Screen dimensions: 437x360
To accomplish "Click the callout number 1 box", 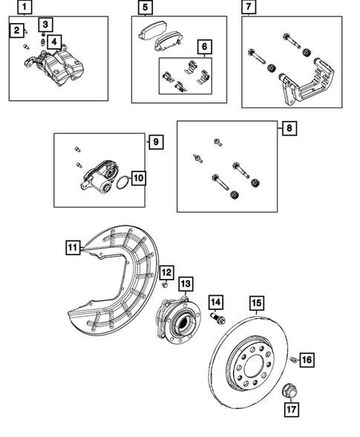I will tap(25, 8).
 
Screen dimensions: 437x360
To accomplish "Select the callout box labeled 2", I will tap(16, 30).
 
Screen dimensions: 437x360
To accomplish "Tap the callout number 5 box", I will tap(145, 8).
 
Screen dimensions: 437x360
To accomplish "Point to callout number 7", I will tap(249, 8).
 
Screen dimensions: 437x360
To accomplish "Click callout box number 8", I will tap(288, 128).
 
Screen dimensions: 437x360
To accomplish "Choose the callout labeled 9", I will tap(156, 141).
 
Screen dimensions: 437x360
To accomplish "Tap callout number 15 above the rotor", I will tap(256, 303).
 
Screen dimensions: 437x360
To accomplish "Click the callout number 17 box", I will tap(291, 407).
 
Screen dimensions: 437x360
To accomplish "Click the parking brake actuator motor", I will tap(93, 179).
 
